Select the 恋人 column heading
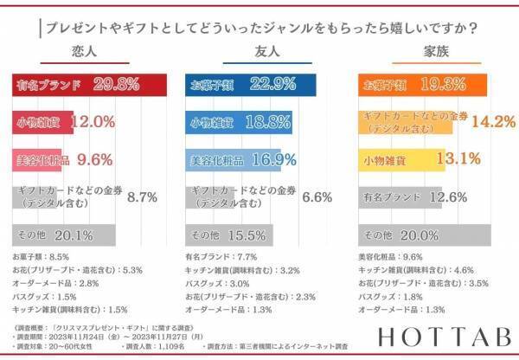tap(84, 52)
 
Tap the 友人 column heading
tap(259, 52)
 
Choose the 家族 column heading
tap(433, 52)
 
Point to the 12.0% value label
tap(92, 122)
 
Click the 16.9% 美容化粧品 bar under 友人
tap(242, 159)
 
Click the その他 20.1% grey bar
tap(64, 235)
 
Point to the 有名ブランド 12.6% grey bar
tap(402, 196)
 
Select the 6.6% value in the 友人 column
tap(317, 197)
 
